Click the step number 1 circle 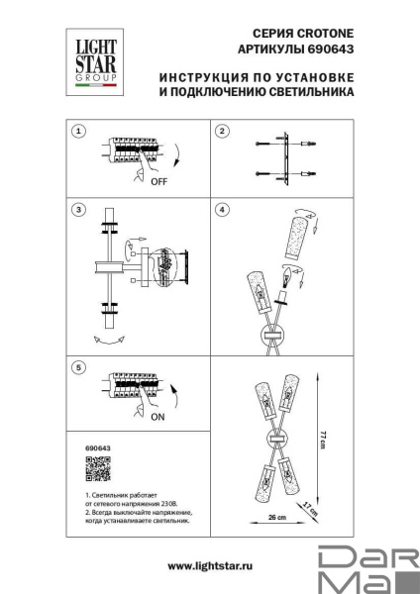[79, 131]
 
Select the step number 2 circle [223, 131]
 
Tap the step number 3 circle [79, 210]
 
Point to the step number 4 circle [223, 210]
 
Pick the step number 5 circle [79, 368]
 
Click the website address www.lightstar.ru [209, 564]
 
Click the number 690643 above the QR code [87, 447]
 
